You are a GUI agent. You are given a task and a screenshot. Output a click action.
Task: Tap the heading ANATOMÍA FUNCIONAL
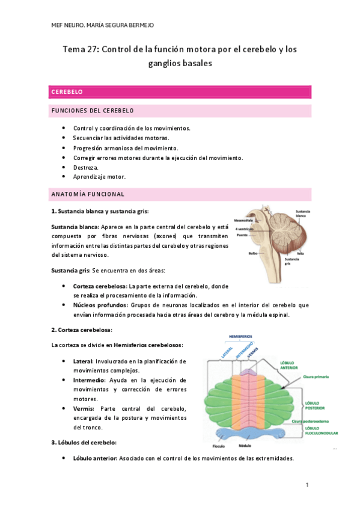[88, 194]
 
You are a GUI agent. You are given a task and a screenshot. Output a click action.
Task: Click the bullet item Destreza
[85, 167]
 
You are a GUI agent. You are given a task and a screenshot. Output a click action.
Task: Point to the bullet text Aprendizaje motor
[99, 177]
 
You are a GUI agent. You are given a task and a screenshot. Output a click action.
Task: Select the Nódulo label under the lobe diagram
[261, 446]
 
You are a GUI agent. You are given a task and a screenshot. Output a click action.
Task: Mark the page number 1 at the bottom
[307, 485]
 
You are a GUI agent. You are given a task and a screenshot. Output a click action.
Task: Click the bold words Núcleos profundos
[99, 305]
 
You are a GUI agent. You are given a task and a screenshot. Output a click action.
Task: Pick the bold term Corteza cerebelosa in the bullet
[100, 286]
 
